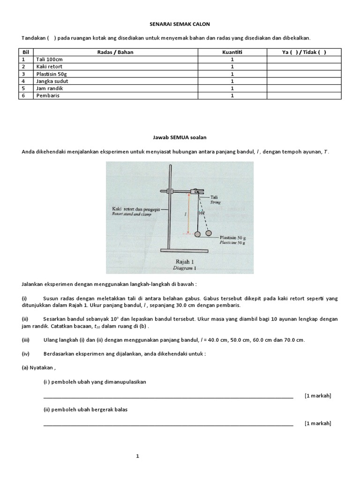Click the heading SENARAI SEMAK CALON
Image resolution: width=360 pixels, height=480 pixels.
coord(180,23)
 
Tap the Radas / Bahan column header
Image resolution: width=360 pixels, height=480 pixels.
coord(114,52)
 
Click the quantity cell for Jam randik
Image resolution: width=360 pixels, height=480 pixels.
coord(232,88)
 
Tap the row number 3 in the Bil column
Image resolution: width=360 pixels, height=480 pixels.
coord(22,74)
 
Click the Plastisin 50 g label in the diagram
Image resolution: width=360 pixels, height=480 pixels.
coord(232,238)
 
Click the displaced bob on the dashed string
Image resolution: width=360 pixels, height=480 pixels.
coord(208,233)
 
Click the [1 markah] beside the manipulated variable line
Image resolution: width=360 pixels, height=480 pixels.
coord(317,396)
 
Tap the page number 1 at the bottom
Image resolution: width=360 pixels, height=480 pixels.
coord(137,456)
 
